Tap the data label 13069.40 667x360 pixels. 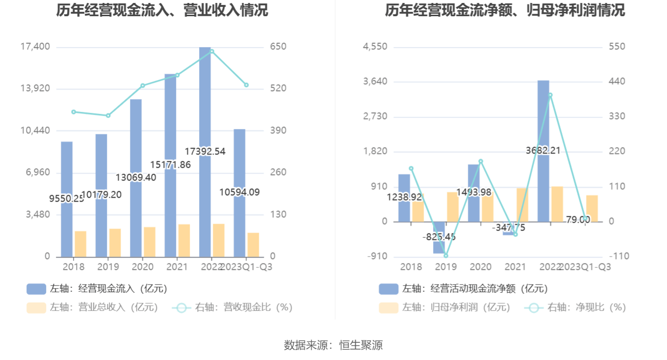click(x=136, y=178)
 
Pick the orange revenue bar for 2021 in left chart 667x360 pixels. click(x=184, y=241)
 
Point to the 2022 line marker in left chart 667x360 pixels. click(x=212, y=51)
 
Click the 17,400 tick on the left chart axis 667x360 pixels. click(x=35, y=47)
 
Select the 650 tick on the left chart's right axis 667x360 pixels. click(x=278, y=47)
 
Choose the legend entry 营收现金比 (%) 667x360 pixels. click(x=232, y=308)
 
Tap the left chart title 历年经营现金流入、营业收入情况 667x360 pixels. click(x=162, y=10)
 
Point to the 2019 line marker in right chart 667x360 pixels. click(x=446, y=256)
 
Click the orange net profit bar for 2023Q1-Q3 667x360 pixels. click(x=592, y=208)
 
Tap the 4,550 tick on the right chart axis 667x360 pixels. click(x=375, y=47)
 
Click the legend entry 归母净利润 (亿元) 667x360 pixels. click(x=444, y=308)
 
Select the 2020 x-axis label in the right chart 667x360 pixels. click(x=481, y=267)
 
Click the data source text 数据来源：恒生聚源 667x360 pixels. click(x=333, y=345)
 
